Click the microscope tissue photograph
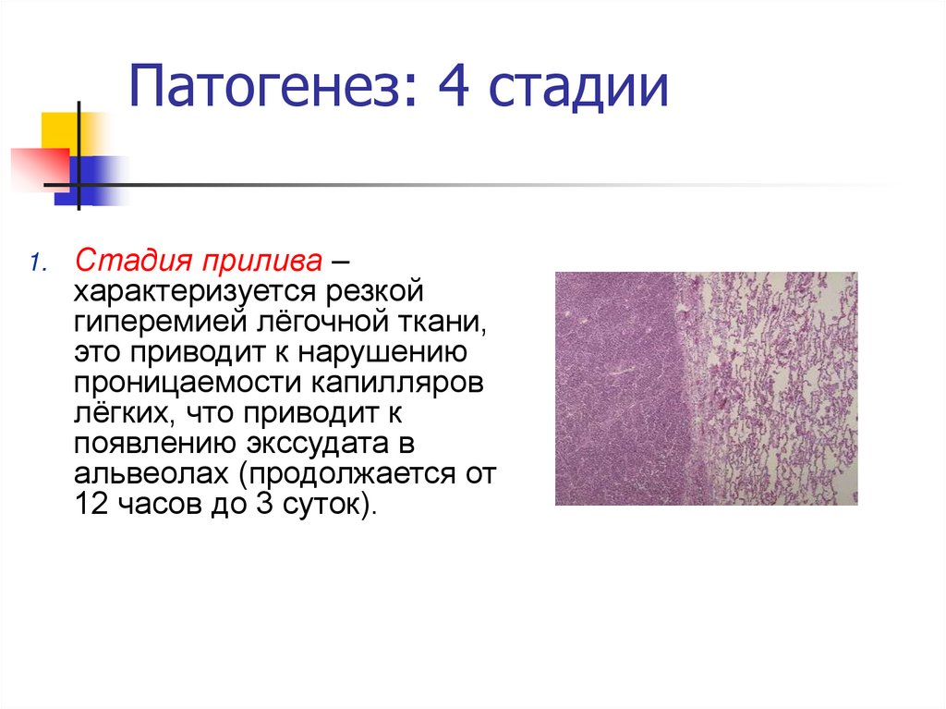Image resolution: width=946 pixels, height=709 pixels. pos(706,388)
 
